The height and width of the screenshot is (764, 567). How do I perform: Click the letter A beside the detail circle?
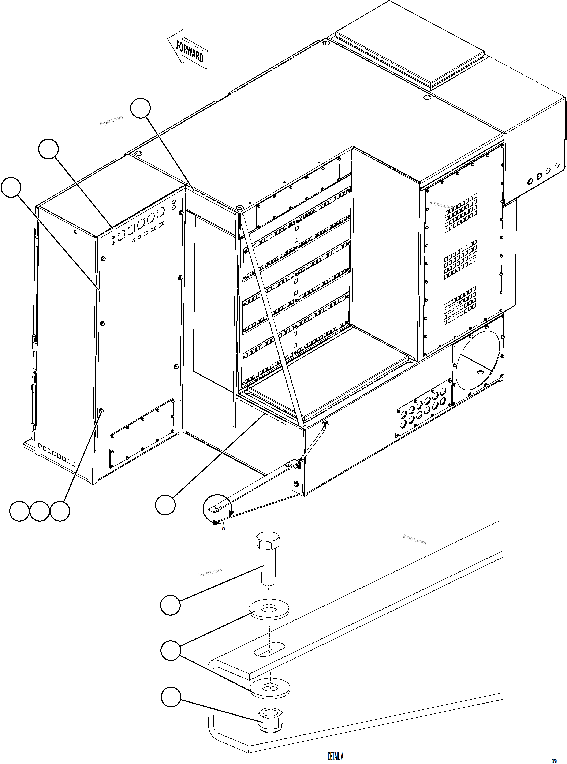223,526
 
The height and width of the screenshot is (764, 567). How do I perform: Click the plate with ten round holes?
423,408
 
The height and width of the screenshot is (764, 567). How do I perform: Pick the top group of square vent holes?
461,213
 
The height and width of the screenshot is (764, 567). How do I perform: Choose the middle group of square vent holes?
460,260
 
